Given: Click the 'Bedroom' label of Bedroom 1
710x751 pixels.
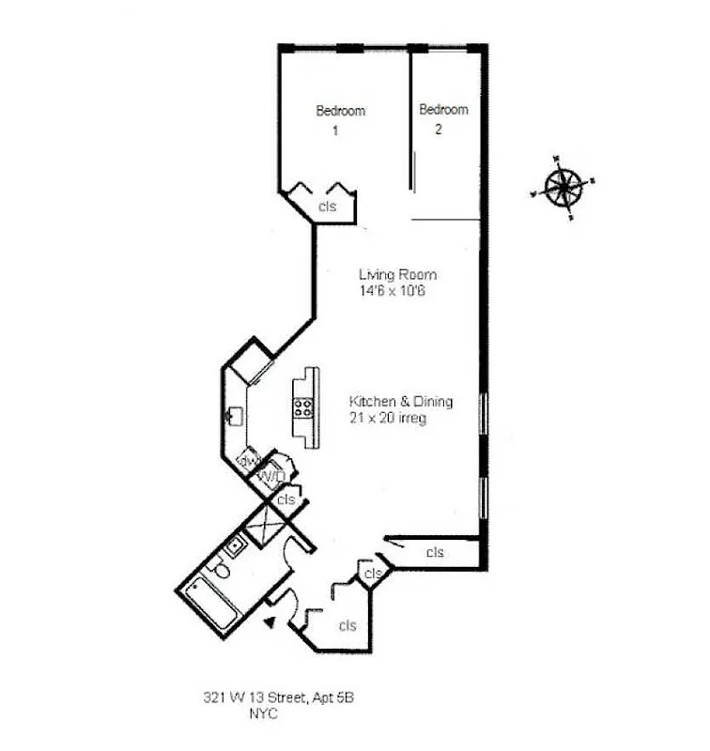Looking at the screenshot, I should click(340, 111).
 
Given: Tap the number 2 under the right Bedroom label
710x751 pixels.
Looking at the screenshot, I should click(438, 130).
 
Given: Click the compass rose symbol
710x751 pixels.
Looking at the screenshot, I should click(563, 186).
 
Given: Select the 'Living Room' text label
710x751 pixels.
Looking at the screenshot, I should click(397, 275).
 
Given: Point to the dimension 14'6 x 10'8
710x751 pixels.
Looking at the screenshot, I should click(397, 291).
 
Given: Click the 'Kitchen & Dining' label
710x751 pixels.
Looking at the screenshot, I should click(401, 402).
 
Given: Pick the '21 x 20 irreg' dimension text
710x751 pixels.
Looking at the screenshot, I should click(388, 418).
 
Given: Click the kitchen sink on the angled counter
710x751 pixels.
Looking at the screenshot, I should click(235, 413).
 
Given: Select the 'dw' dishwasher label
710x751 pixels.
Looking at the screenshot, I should click(248, 461).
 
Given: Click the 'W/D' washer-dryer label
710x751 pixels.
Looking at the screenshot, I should click(270, 477).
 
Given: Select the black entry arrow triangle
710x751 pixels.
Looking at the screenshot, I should click(270, 621).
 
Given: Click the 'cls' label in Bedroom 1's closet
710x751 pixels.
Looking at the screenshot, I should click(327, 207).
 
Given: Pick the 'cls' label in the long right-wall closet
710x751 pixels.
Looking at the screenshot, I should click(435, 553).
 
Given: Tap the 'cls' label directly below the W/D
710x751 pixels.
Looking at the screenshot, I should click(286, 499).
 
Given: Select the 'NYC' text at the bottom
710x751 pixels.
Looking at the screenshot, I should click(263, 713).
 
